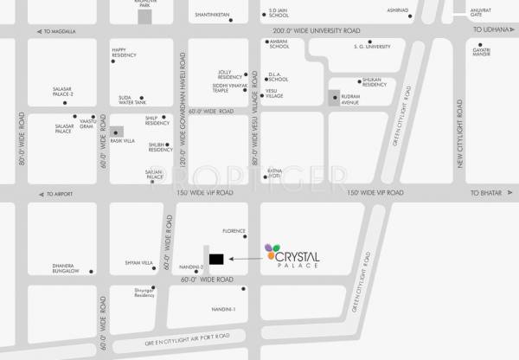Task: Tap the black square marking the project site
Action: tap(215, 258)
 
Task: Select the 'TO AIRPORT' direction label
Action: tap(61, 194)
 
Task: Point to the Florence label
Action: tap(234, 231)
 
